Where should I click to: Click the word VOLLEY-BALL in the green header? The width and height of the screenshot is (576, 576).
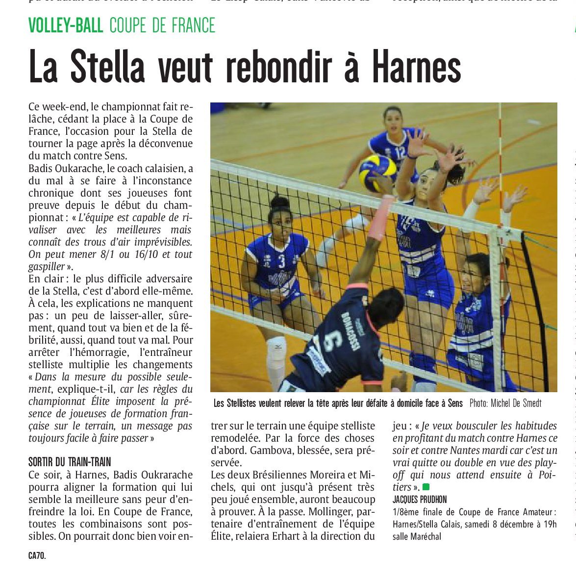(66, 25)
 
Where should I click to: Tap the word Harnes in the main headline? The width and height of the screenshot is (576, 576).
(416, 67)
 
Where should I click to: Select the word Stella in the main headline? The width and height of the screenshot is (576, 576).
(108, 67)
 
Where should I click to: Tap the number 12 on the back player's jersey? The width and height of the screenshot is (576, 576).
(400, 152)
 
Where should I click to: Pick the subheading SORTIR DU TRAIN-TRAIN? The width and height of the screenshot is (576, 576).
(70, 462)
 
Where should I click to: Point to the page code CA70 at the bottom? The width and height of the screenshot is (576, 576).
(37, 556)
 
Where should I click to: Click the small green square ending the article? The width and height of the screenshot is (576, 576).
(426, 487)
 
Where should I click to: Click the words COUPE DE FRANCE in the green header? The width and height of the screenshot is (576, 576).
(162, 25)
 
